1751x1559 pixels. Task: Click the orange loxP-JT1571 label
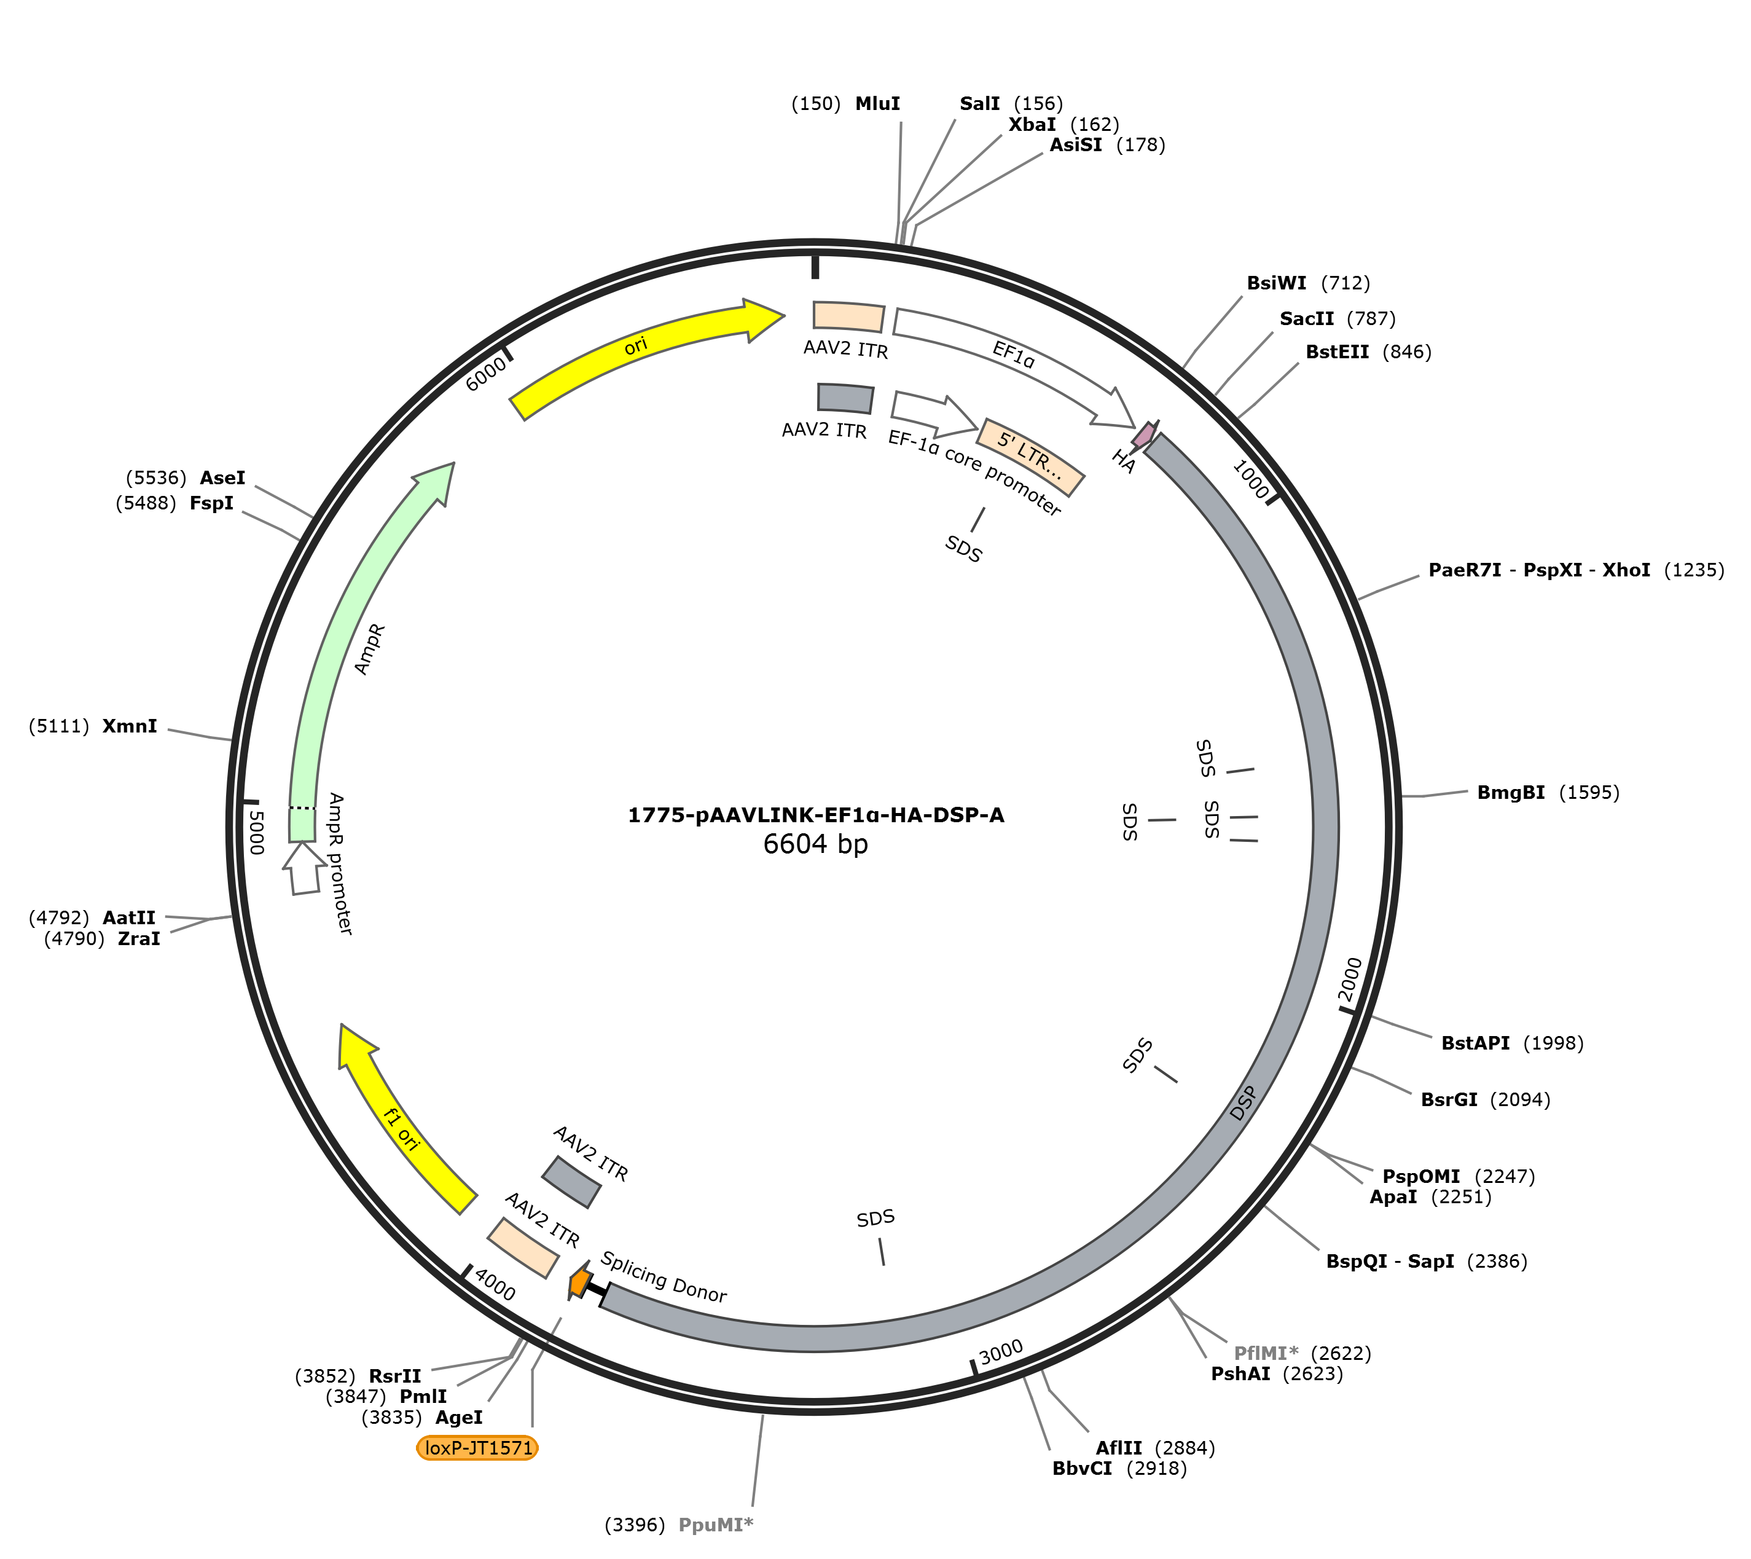pyautogui.click(x=477, y=1448)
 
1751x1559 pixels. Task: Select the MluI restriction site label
pyautogui.click(x=877, y=104)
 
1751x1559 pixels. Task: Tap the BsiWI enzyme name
pyautogui.click(x=1277, y=283)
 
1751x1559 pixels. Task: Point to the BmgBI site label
pyautogui.click(x=1511, y=792)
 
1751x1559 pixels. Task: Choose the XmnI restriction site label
pyautogui.click(x=130, y=726)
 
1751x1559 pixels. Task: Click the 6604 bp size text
pyautogui.click(x=815, y=844)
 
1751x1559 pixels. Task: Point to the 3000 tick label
pyautogui.click(x=1001, y=1352)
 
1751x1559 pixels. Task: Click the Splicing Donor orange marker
pyautogui.click(x=580, y=1282)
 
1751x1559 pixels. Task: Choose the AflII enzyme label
pyautogui.click(x=1119, y=1448)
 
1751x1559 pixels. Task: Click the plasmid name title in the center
pyautogui.click(x=815, y=815)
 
